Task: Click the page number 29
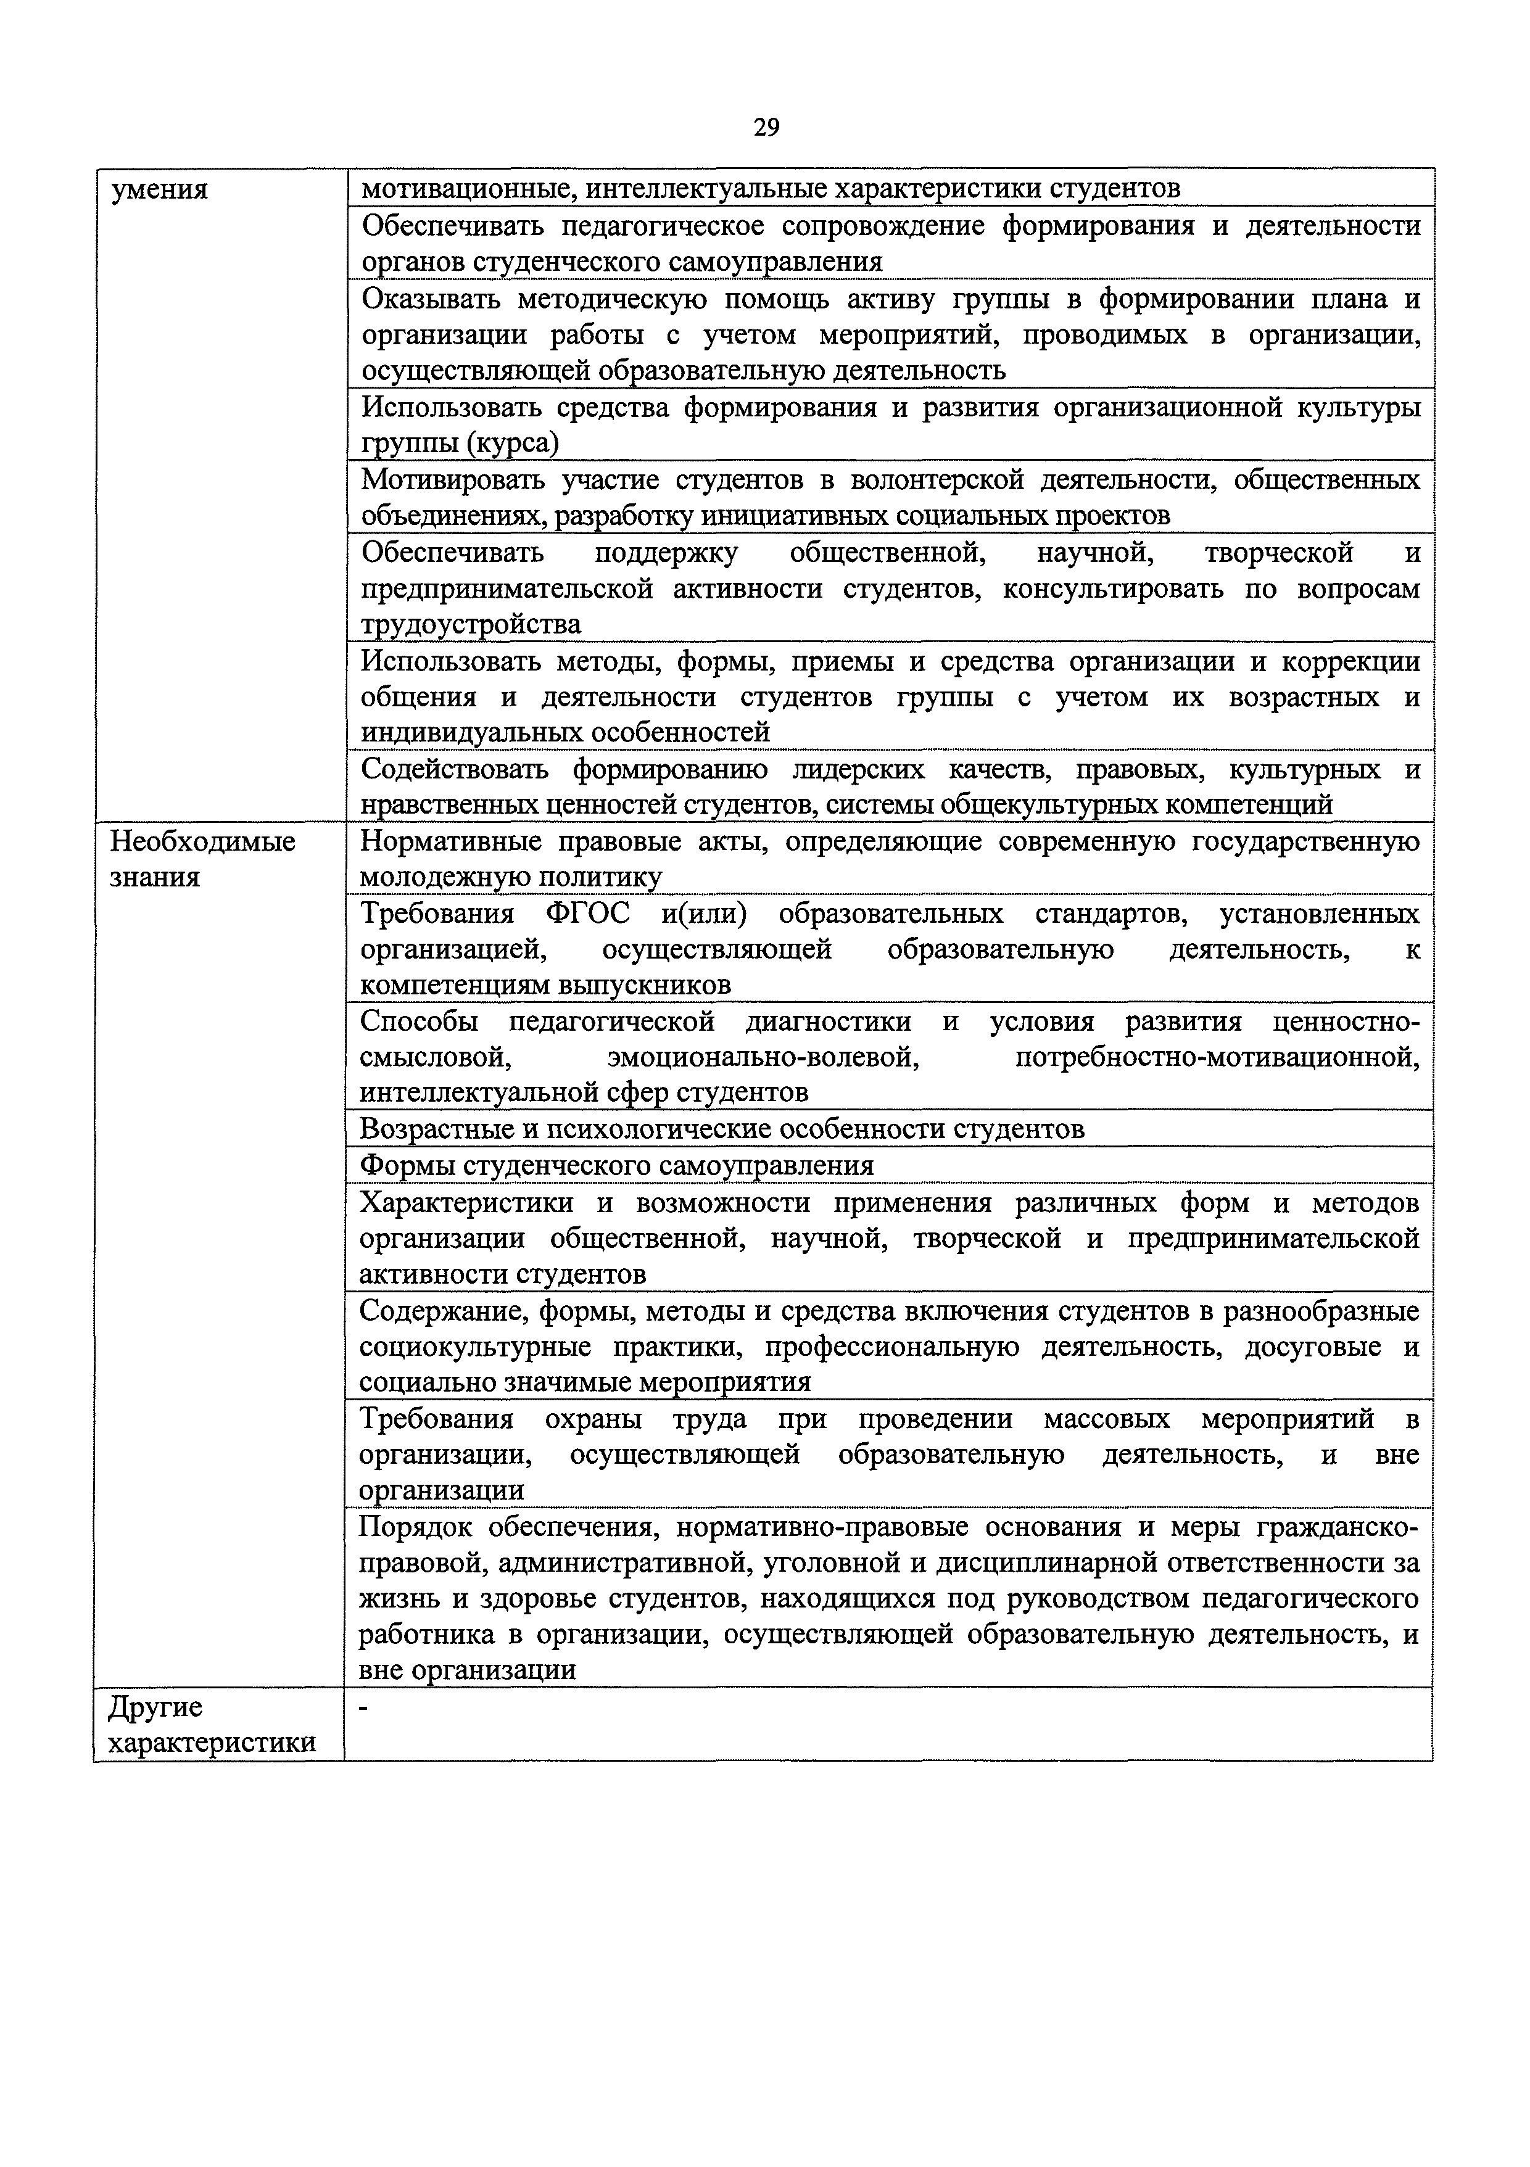[766, 126]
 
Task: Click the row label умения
[160, 191]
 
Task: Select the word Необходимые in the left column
[203, 841]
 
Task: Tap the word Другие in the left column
[155, 1707]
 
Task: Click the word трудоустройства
[471, 625]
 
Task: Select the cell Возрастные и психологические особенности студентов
[722, 1129]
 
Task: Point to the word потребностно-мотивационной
[1217, 1056]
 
